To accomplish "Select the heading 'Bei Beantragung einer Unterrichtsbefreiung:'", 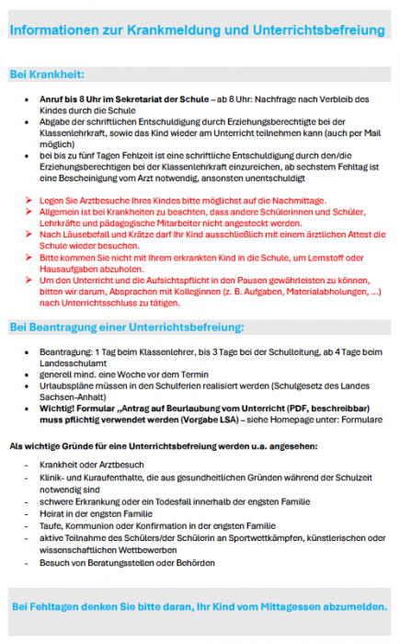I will pos(127,328).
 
